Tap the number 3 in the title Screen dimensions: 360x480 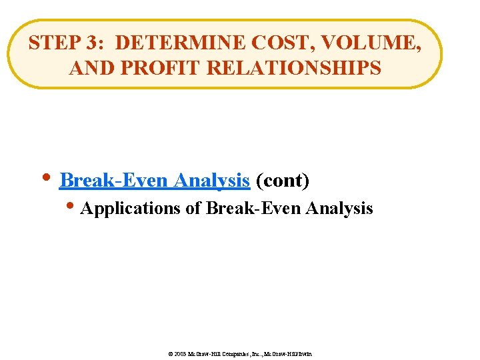click(x=92, y=43)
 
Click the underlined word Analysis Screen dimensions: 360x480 click(x=211, y=181)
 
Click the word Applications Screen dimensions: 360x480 click(x=130, y=209)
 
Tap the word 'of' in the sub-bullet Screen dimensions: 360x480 click(x=193, y=209)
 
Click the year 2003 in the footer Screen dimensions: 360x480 click(x=181, y=353)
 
